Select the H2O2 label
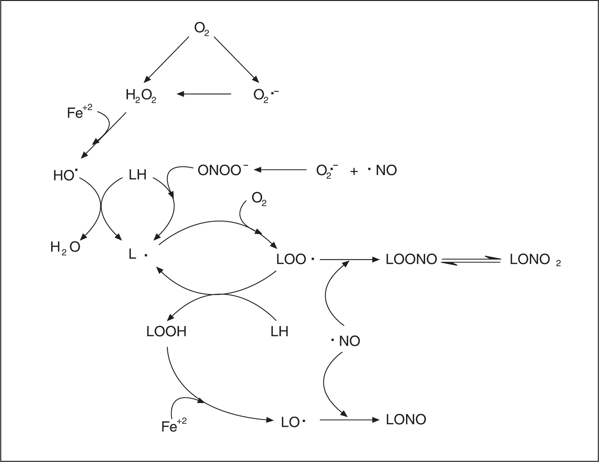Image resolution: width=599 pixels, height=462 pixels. coord(141,96)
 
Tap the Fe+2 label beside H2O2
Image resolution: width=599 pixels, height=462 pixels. coord(80,112)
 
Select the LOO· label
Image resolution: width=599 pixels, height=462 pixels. coord(295,260)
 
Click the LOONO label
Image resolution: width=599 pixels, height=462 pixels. coord(411,260)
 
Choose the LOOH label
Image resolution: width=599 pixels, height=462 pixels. coord(166,332)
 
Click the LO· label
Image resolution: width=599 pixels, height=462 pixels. coord(293,422)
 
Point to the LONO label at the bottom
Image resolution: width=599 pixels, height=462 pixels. coord(406,420)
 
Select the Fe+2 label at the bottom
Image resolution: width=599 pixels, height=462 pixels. coord(174,426)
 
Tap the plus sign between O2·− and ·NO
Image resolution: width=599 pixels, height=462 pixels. coord(354,171)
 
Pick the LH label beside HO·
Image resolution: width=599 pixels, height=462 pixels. coord(138,175)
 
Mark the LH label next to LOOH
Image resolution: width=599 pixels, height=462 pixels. coord(279,332)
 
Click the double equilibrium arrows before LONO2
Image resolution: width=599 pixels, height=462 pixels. coord(471,261)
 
